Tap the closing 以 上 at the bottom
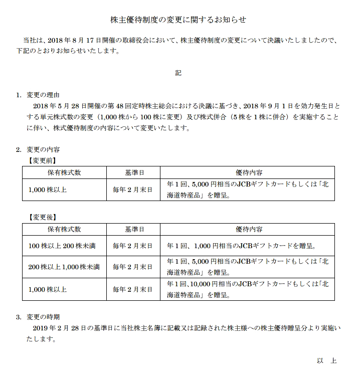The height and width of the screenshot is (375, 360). point(326,361)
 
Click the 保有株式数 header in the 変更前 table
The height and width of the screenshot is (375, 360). point(64,172)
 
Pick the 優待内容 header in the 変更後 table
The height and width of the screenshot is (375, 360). point(249,229)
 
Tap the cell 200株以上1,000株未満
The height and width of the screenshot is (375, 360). point(64,267)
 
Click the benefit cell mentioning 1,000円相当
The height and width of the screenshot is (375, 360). point(243,246)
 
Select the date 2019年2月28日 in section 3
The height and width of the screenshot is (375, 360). point(60,328)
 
